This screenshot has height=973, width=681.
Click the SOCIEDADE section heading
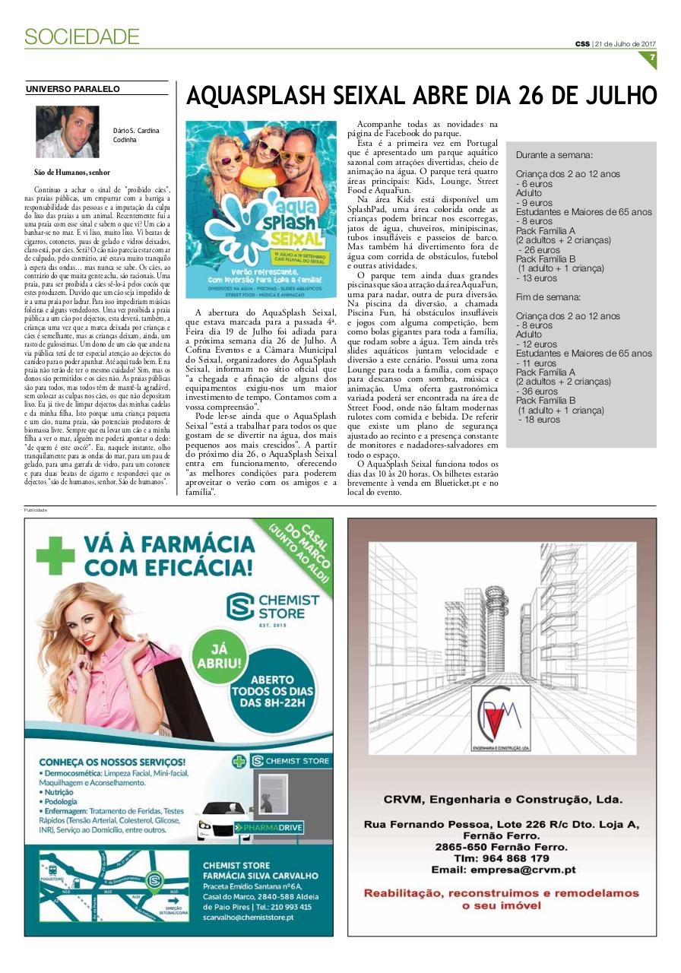click(81, 36)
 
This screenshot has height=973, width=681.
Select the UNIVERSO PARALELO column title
click(73, 89)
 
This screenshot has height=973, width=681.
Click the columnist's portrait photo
click(67, 132)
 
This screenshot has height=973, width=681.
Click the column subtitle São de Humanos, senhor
click(73, 173)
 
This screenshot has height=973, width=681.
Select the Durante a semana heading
click(554, 154)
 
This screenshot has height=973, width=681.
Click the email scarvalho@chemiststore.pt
click(248, 918)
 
